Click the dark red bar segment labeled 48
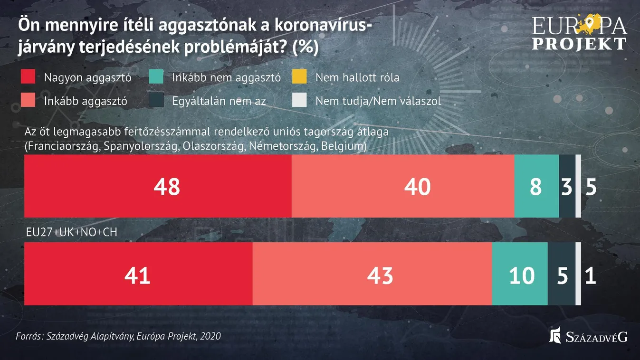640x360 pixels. point(157,187)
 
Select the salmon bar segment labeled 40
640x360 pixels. point(402,187)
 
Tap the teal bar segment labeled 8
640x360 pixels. point(536,187)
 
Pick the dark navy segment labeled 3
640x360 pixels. point(567,187)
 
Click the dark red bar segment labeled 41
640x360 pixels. point(138,275)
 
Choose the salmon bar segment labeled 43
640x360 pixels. point(372,275)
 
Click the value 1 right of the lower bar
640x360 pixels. point(590,275)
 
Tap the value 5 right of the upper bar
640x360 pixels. point(591,187)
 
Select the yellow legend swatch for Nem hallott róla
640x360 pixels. point(300,77)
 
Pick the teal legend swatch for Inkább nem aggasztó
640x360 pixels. point(156,77)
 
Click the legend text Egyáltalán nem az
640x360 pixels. point(219,101)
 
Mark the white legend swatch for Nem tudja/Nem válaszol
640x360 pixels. point(300,101)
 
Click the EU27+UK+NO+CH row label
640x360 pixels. point(71,232)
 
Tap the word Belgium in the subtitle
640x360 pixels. point(344,146)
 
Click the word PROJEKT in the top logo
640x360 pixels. point(579,44)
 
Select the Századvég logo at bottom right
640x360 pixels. point(588,336)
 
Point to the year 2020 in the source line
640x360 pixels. point(210,336)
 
